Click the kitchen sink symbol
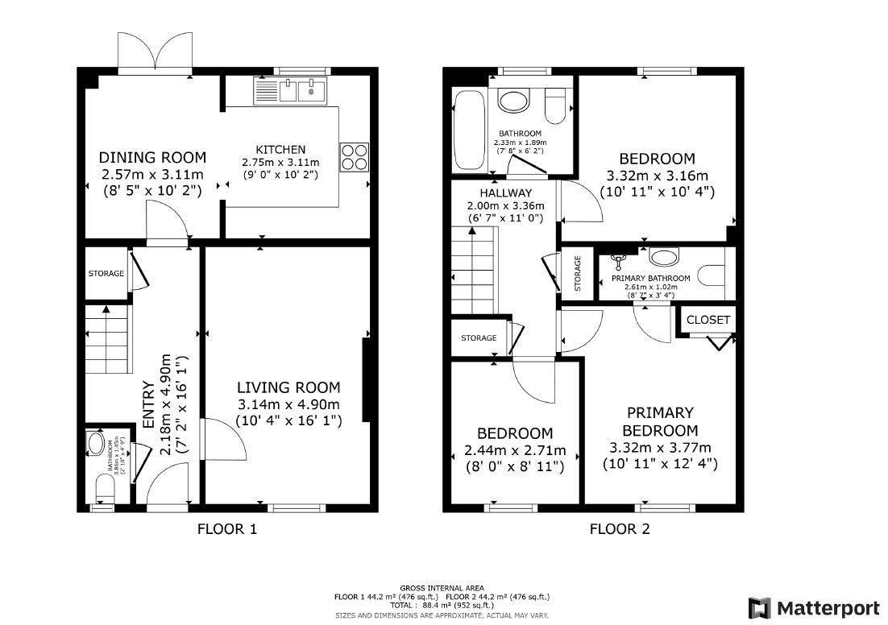coord(289,90)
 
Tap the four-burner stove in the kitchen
coord(355,157)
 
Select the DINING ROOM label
coord(152,157)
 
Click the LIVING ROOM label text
coord(288,387)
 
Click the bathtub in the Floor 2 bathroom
coord(469,131)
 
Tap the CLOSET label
coord(708,320)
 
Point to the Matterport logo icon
coord(758,607)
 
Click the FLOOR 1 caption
coord(227,529)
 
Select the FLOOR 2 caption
coord(619,529)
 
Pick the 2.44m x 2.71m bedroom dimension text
coord(515,450)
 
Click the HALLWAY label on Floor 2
coord(505,193)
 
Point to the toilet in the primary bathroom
coord(712,275)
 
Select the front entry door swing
coord(167,487)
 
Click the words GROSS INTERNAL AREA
coord(442,588)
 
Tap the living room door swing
coord(218,439)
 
